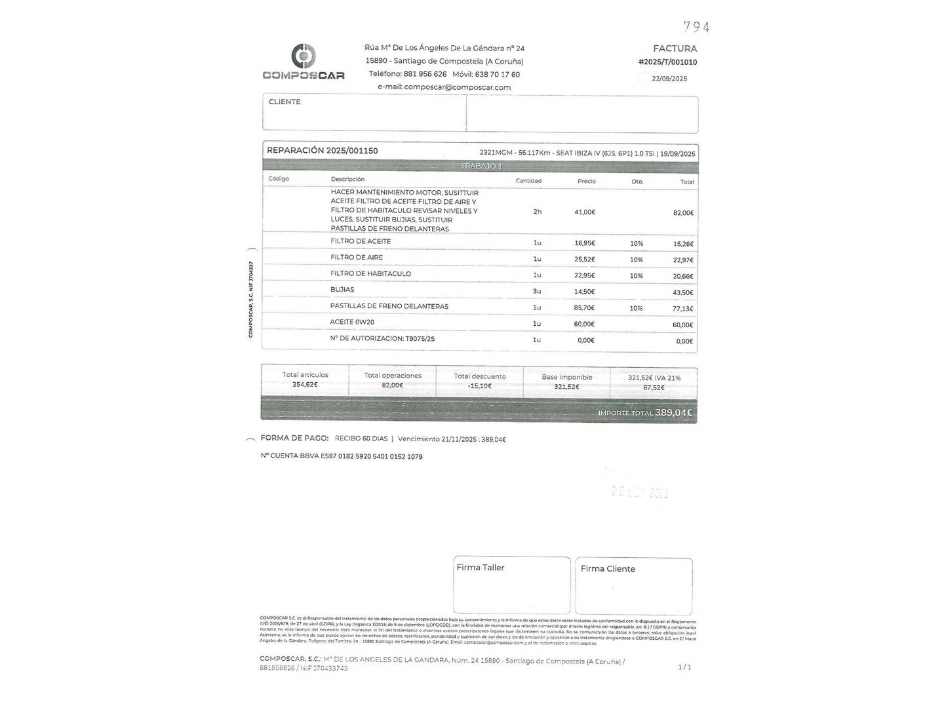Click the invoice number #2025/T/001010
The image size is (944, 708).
667,62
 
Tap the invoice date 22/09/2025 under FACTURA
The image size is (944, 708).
669,79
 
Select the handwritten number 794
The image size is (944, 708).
696,27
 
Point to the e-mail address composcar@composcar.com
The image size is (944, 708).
457,87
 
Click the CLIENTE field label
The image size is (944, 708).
285,102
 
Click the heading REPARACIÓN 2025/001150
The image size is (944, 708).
322,151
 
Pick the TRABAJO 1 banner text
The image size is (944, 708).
481,166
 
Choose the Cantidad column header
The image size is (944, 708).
528,181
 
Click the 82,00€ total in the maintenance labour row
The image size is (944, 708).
683,213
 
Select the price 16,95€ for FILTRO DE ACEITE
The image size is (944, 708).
584,243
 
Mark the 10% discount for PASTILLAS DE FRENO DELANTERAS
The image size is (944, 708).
636,308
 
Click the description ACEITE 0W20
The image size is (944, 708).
352,323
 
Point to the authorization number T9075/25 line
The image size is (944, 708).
382,339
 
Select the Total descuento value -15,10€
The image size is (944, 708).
480,386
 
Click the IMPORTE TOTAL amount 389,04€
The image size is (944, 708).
673,412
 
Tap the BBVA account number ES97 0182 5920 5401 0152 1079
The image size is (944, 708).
371,456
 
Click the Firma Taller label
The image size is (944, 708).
480,568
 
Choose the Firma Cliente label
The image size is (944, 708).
608,569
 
